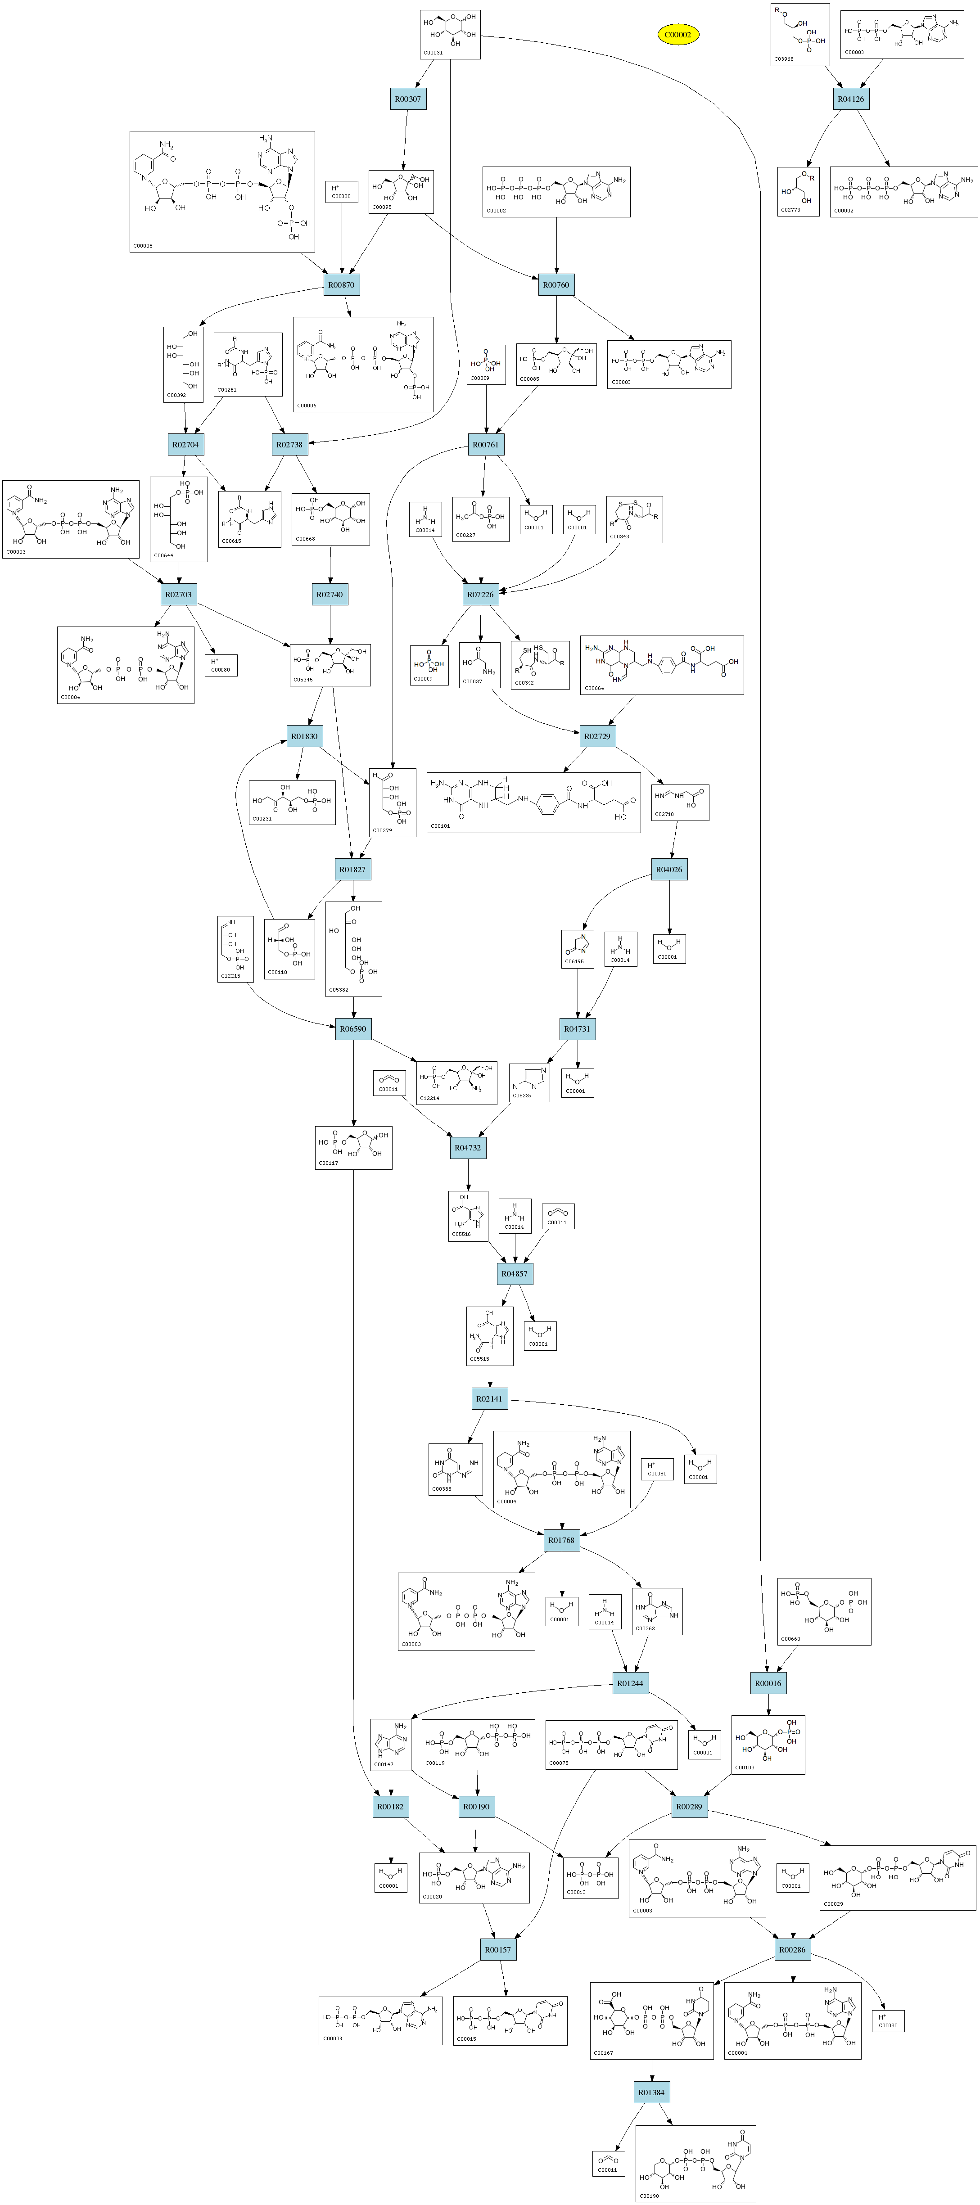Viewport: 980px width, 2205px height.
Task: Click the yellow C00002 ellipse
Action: point(678,34)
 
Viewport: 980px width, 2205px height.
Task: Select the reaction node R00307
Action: point(407,99)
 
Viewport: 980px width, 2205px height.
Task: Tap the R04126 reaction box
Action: point(850,99)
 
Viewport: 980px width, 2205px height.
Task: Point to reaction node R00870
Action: point(342,285)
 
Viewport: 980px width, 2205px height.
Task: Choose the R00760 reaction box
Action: point(555,285)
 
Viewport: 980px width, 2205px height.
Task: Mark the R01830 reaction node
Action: point(304,736)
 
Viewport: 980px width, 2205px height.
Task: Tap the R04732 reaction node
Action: point(467,1148)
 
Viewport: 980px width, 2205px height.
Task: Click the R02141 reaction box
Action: point(490,1399)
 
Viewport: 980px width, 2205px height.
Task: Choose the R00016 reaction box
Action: point(768,1684)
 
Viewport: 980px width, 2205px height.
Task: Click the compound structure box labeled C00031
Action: point(450,34)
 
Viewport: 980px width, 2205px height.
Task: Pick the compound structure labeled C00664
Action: point(662,665)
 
